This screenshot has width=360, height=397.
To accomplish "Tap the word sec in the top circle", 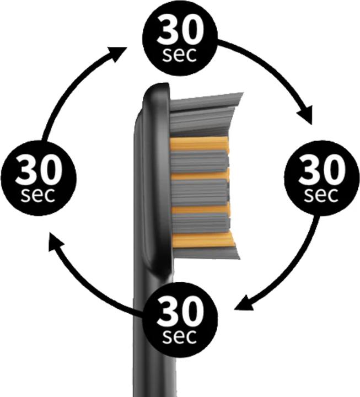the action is point(180,55).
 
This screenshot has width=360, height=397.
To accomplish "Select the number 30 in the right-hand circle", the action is point(322,169).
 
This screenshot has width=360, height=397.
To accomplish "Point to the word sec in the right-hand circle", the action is point(321,195).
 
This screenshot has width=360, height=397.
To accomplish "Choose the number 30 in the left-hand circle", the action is point(39,169).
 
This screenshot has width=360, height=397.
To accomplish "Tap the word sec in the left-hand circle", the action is point(38,195).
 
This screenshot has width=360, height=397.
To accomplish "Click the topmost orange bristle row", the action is point(200,144).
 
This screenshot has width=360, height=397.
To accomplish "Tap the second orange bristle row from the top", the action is point(201,175).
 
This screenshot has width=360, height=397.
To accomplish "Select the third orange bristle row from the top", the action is point(201,208).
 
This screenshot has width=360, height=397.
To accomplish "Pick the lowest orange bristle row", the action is point(204,240).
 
